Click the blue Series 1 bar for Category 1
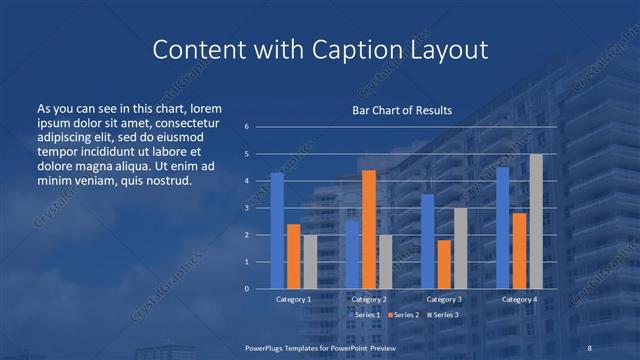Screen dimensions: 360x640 click(277, 231)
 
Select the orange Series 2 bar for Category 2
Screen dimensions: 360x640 click(369, 229)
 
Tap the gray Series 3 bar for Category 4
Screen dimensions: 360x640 click(536, 221)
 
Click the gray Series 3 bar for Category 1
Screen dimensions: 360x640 click(310, 262)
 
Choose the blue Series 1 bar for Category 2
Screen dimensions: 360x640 click(352, 254)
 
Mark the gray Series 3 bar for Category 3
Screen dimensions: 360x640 click(460, 248)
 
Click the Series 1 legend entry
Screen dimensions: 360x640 click(364, 315)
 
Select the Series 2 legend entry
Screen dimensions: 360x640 click(402, 315)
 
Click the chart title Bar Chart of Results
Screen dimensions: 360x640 click(402, 110)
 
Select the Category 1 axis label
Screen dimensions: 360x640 click(294, 299)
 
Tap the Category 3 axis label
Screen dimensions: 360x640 click(444, 299)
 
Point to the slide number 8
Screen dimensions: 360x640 click(590, 347)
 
